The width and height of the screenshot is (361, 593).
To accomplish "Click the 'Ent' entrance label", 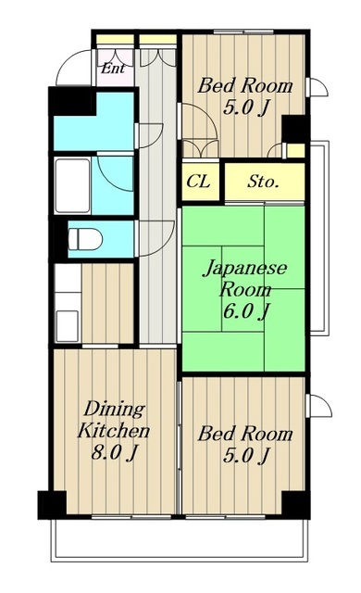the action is (x=113, y=69).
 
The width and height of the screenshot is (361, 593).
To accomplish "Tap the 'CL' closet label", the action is (x=199, y=182).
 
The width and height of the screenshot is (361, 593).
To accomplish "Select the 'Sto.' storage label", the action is (x=263, y=182).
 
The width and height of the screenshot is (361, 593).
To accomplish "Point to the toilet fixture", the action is (x=85, y=239).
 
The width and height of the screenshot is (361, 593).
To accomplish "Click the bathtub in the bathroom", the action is (x=72, y=185).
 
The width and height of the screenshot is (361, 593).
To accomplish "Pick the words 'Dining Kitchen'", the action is (x=114, y=420).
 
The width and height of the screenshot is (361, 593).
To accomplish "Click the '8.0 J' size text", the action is (x=114, y=452).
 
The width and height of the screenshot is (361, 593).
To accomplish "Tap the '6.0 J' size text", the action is (x=246, y=311).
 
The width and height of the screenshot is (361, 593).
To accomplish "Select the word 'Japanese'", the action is (x=245, y=268).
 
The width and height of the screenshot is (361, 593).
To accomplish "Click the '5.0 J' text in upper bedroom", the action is (x=246, y=107).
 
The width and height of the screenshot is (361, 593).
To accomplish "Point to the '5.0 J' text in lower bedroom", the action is (x=246, y=455).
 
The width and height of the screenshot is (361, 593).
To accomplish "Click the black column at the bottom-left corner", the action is (x=52, y=505).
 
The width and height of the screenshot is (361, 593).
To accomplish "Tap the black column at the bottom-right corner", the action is (x=296, y=505).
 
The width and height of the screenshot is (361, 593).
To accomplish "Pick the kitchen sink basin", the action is (x=68, y=325).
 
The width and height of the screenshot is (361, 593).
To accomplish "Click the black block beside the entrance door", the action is (x=72, y=101).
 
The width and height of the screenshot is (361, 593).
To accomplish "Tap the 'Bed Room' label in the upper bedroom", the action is (x=245, y=85).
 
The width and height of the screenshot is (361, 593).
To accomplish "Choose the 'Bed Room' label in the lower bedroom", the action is (x=245, y=434).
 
